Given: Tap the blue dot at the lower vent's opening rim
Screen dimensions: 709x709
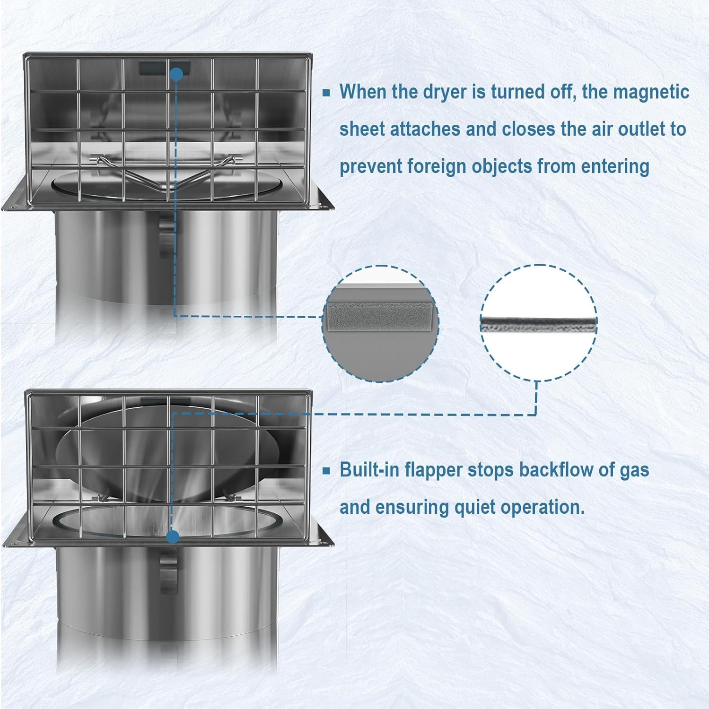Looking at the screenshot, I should (173, 537).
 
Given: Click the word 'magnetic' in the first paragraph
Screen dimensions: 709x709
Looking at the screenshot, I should (651, 92).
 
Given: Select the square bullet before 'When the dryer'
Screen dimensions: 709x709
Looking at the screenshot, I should (326, 93).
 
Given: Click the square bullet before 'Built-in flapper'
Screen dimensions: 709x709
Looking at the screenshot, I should (326, 471).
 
